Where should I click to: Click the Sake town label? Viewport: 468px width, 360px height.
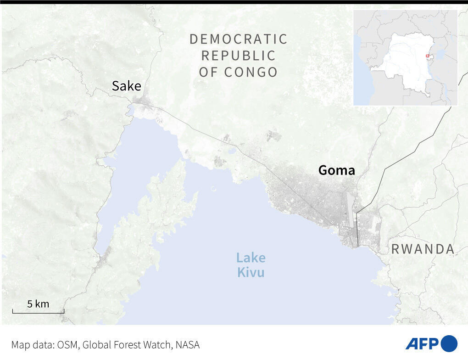click(x=126, y=86)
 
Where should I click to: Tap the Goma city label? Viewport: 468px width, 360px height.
click(x=336, y=170)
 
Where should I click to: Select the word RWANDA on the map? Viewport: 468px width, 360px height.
click(x=423, y=249)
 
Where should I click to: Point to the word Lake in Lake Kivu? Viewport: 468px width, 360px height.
click(x=251, y=258)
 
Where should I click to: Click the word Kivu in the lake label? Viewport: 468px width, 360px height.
click(x=251, y=272)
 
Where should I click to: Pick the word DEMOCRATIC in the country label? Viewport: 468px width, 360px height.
click(x=238, y=39)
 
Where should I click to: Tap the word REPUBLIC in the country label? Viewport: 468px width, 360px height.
click(x=238, y=56)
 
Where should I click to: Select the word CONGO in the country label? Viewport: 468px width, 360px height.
click(x=251, y=72)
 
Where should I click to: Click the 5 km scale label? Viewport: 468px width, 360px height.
click(x=38, y=304)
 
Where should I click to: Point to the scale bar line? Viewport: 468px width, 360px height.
click(x=38, y=312)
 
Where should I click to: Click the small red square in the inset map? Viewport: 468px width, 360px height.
click(x=427, y=56)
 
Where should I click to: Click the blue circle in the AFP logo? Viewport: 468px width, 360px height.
click(x=449, y=343)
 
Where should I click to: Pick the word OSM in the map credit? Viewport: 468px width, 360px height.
click(x=67, y=345)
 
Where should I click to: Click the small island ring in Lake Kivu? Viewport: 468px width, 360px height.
click(x=213, y=188)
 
